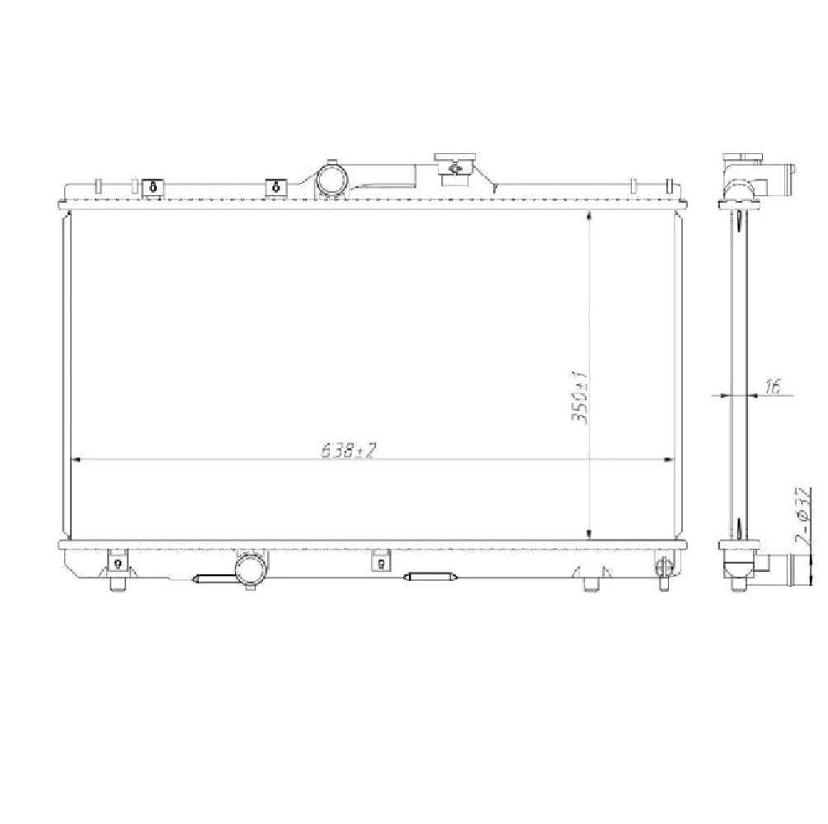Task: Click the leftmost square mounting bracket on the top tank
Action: click(x=153, y=188)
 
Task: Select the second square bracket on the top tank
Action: click(x=275, y=188)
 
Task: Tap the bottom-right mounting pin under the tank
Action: click(x=590, y=584)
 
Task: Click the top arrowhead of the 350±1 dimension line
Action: click(x=588, y=216)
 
